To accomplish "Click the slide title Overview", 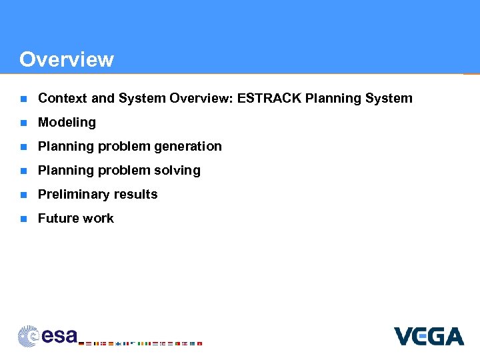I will pyautogui.click(x=67, y=59).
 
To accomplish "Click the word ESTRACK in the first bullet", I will pyautogui.click(x=263, y=99).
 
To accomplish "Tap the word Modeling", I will pyautogui.click(x=67, y=123).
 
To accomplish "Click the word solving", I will pyautogui.click(x=178, y=171).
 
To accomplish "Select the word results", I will pyautogui.click(x=136, y=195).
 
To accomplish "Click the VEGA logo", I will pyautogui.click(x=428, y=336).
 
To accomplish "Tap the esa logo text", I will pyautogui.click(x=59, y=336).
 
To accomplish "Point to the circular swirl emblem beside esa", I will pyautogui.click(x=29, y=335).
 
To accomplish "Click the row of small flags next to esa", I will pyautogui.click(x=140, y=343).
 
